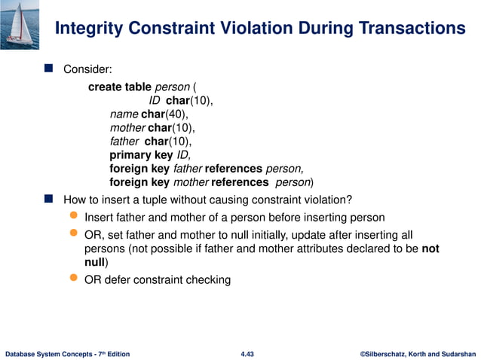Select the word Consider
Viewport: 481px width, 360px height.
coord(87,69)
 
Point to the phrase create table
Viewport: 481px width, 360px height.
coord(120,87)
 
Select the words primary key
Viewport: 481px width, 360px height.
coord(141,155)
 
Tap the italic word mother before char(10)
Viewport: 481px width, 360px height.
coord(127,127)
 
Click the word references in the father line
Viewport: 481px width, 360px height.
coord(234,169)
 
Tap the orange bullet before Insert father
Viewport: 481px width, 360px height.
coord(73,217)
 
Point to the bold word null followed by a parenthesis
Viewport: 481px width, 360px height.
coord(94,262)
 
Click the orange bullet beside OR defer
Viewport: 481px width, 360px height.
coord(73,279)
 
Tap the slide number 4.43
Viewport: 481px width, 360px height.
coord(247,353)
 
